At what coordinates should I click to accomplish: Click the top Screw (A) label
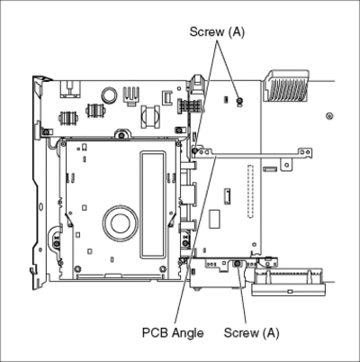click(217, 32)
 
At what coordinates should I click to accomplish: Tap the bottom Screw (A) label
click(251, 333)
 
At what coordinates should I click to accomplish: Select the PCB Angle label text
click(173, 333)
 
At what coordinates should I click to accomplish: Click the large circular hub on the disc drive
click(121, 222)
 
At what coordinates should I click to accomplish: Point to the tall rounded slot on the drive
click(153, 204)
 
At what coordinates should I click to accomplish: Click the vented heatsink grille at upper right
click(286, 86)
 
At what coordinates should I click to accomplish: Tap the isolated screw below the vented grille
click(329, 116)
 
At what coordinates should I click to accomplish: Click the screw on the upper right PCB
click(239, 101)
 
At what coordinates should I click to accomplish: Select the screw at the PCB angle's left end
click(195, 150)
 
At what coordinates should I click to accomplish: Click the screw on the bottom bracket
click(237, 263)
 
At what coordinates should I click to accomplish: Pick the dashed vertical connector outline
click(250, 191)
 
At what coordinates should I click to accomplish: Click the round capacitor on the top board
click(109, 95)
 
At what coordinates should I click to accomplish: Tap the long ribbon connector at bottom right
click(288, 283)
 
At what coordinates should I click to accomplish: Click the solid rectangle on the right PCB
click(214, 219)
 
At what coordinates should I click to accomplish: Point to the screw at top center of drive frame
click(121, 135)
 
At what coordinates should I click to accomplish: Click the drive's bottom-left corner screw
click(77, 268)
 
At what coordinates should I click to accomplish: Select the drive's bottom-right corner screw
click(163, 268)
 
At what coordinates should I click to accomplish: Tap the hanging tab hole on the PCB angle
click(287, 165)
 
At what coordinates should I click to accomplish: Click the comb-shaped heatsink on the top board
click(131, 95)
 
